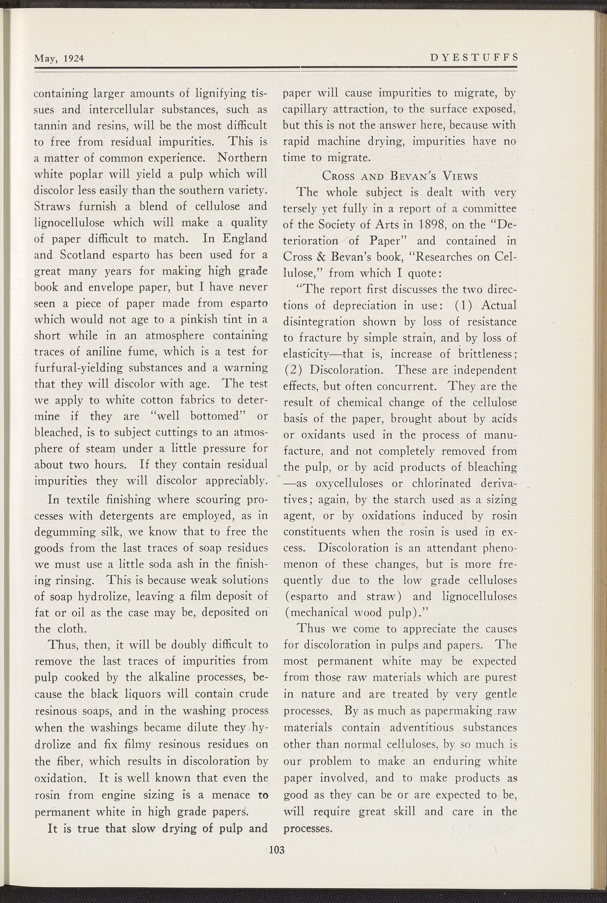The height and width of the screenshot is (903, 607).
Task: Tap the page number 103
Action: (x=278, y=849)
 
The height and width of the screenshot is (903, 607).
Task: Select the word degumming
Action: (x=63, y=531)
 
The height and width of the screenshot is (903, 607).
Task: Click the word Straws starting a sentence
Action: (x=52, y=206)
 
